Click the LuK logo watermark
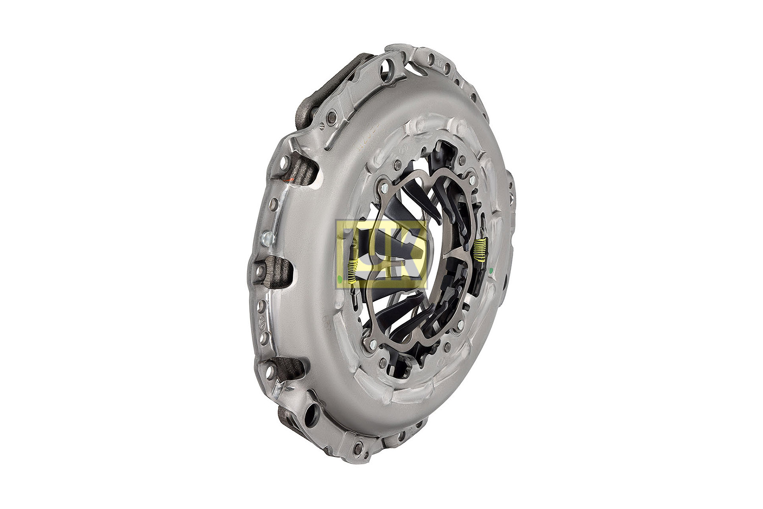[x=381, y=254]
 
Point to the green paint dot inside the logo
[x=340, y=279]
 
